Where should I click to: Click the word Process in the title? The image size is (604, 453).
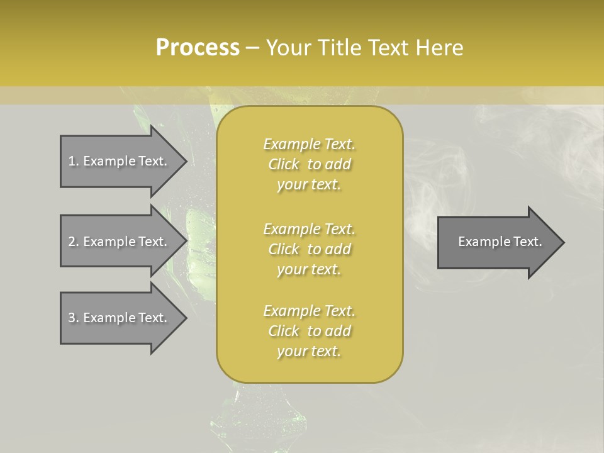[198, 48]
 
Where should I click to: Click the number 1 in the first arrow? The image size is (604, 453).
[71, 161]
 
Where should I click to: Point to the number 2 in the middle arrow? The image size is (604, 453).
[71, 242]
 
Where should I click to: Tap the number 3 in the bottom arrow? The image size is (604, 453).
[71, 318]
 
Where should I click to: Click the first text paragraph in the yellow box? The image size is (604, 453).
[310, 164]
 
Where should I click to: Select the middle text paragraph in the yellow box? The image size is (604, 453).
[310, 249]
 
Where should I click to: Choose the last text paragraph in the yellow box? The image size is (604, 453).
[310, 331]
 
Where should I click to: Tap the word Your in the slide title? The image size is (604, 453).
[290, 48]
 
